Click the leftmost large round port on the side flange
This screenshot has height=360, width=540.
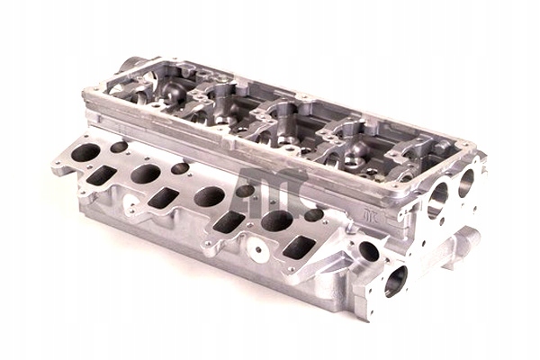click(85, 152)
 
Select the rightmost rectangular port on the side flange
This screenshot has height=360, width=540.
click(299, 247)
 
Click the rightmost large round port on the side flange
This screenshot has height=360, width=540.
click(276, 220)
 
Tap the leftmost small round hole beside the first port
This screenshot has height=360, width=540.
click(119, 147)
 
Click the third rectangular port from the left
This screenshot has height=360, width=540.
click(229, 221)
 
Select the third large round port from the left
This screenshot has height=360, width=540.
click(209, 196)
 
